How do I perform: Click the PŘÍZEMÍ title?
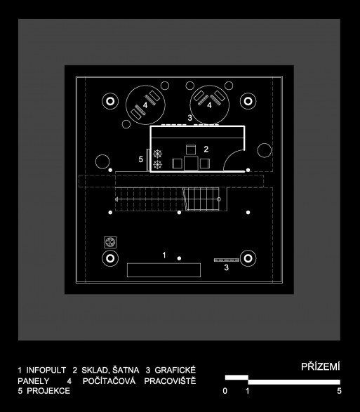pos(320,366)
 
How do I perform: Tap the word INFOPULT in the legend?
pos(46,370)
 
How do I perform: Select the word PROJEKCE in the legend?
pos(48,391)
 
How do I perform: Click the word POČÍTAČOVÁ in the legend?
pos(109,381)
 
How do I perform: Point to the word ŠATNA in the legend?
pos(126,370)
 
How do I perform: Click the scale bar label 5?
pos(339,391)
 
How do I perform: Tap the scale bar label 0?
pos(225,391)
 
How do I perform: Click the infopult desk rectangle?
pos(164,270)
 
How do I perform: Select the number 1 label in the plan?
pos(164,255)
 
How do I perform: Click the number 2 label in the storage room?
pos(206,149)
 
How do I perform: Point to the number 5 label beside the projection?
pos(141,159)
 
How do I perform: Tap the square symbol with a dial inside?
pos(110,242)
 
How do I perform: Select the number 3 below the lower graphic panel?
pos(226,267)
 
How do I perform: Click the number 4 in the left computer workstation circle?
pos(145,105)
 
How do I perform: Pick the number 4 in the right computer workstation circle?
pos(209,105)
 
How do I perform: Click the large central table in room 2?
pos(191,164)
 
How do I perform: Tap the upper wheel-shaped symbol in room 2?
pos(157,154)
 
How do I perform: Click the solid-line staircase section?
pos(202,199)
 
